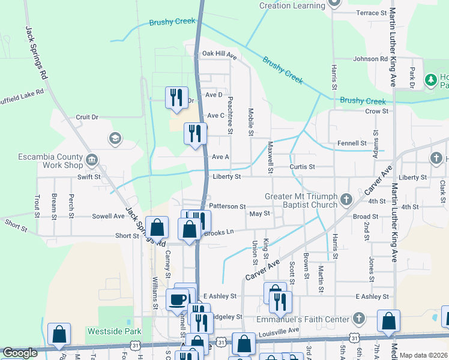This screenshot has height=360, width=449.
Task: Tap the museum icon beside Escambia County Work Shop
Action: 92,160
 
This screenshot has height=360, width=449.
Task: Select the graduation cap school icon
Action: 113,139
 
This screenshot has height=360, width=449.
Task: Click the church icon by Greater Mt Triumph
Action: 346,199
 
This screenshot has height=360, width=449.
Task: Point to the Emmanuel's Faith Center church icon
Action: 358,317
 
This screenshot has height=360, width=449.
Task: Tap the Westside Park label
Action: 113,331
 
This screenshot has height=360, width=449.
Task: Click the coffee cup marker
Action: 177,299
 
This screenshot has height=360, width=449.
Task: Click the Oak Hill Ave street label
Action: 219,54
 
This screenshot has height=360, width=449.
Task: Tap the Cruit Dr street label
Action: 86,117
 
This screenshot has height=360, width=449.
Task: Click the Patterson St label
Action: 228,206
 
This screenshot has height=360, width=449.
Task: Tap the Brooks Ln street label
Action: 219,232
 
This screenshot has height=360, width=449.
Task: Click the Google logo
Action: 20,353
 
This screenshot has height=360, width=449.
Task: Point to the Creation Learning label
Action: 292,5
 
